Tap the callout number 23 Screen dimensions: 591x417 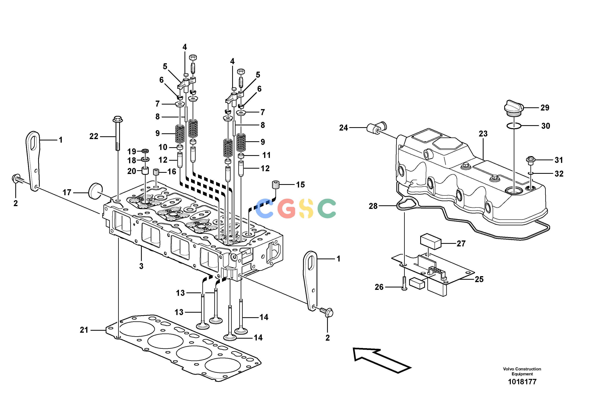click(483, 134)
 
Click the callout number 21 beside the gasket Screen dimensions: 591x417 click(84, 330)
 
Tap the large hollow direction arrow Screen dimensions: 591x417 click(382, 360)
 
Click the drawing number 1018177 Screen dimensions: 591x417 click(522, 382)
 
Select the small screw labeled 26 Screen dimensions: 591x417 click(404, 283)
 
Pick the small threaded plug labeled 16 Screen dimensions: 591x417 click(155, 172)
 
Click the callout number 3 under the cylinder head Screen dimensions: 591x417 click(141, 266)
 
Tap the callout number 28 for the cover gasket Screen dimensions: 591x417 click(373, 206)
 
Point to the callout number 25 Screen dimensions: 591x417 click(479, 279)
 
